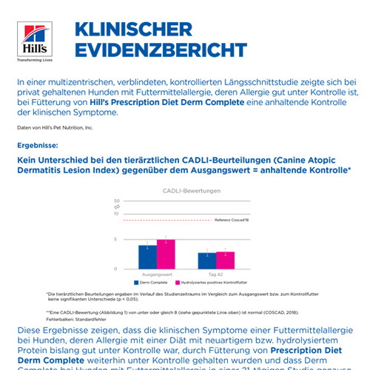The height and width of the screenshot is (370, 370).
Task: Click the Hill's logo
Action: click(33, 40)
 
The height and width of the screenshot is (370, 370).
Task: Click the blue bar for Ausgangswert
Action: click(147, 257)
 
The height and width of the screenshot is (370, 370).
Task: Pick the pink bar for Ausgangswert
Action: click(166, 254)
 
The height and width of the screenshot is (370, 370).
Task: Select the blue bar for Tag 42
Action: click(206, 260)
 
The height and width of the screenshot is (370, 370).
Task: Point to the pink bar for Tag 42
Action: click(225, 260)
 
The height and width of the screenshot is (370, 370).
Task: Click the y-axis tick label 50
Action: click(116, 201)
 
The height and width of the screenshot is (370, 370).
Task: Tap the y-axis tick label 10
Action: click(116, 213)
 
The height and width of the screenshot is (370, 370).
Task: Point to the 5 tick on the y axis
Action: click(117, 239)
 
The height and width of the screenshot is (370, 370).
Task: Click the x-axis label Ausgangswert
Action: click(157, 275)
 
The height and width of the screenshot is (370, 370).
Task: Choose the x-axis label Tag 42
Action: click(215, 275)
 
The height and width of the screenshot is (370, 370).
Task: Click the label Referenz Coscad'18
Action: click(232, 221)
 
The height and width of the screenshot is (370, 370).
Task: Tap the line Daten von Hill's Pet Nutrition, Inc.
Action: click(55, 128)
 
